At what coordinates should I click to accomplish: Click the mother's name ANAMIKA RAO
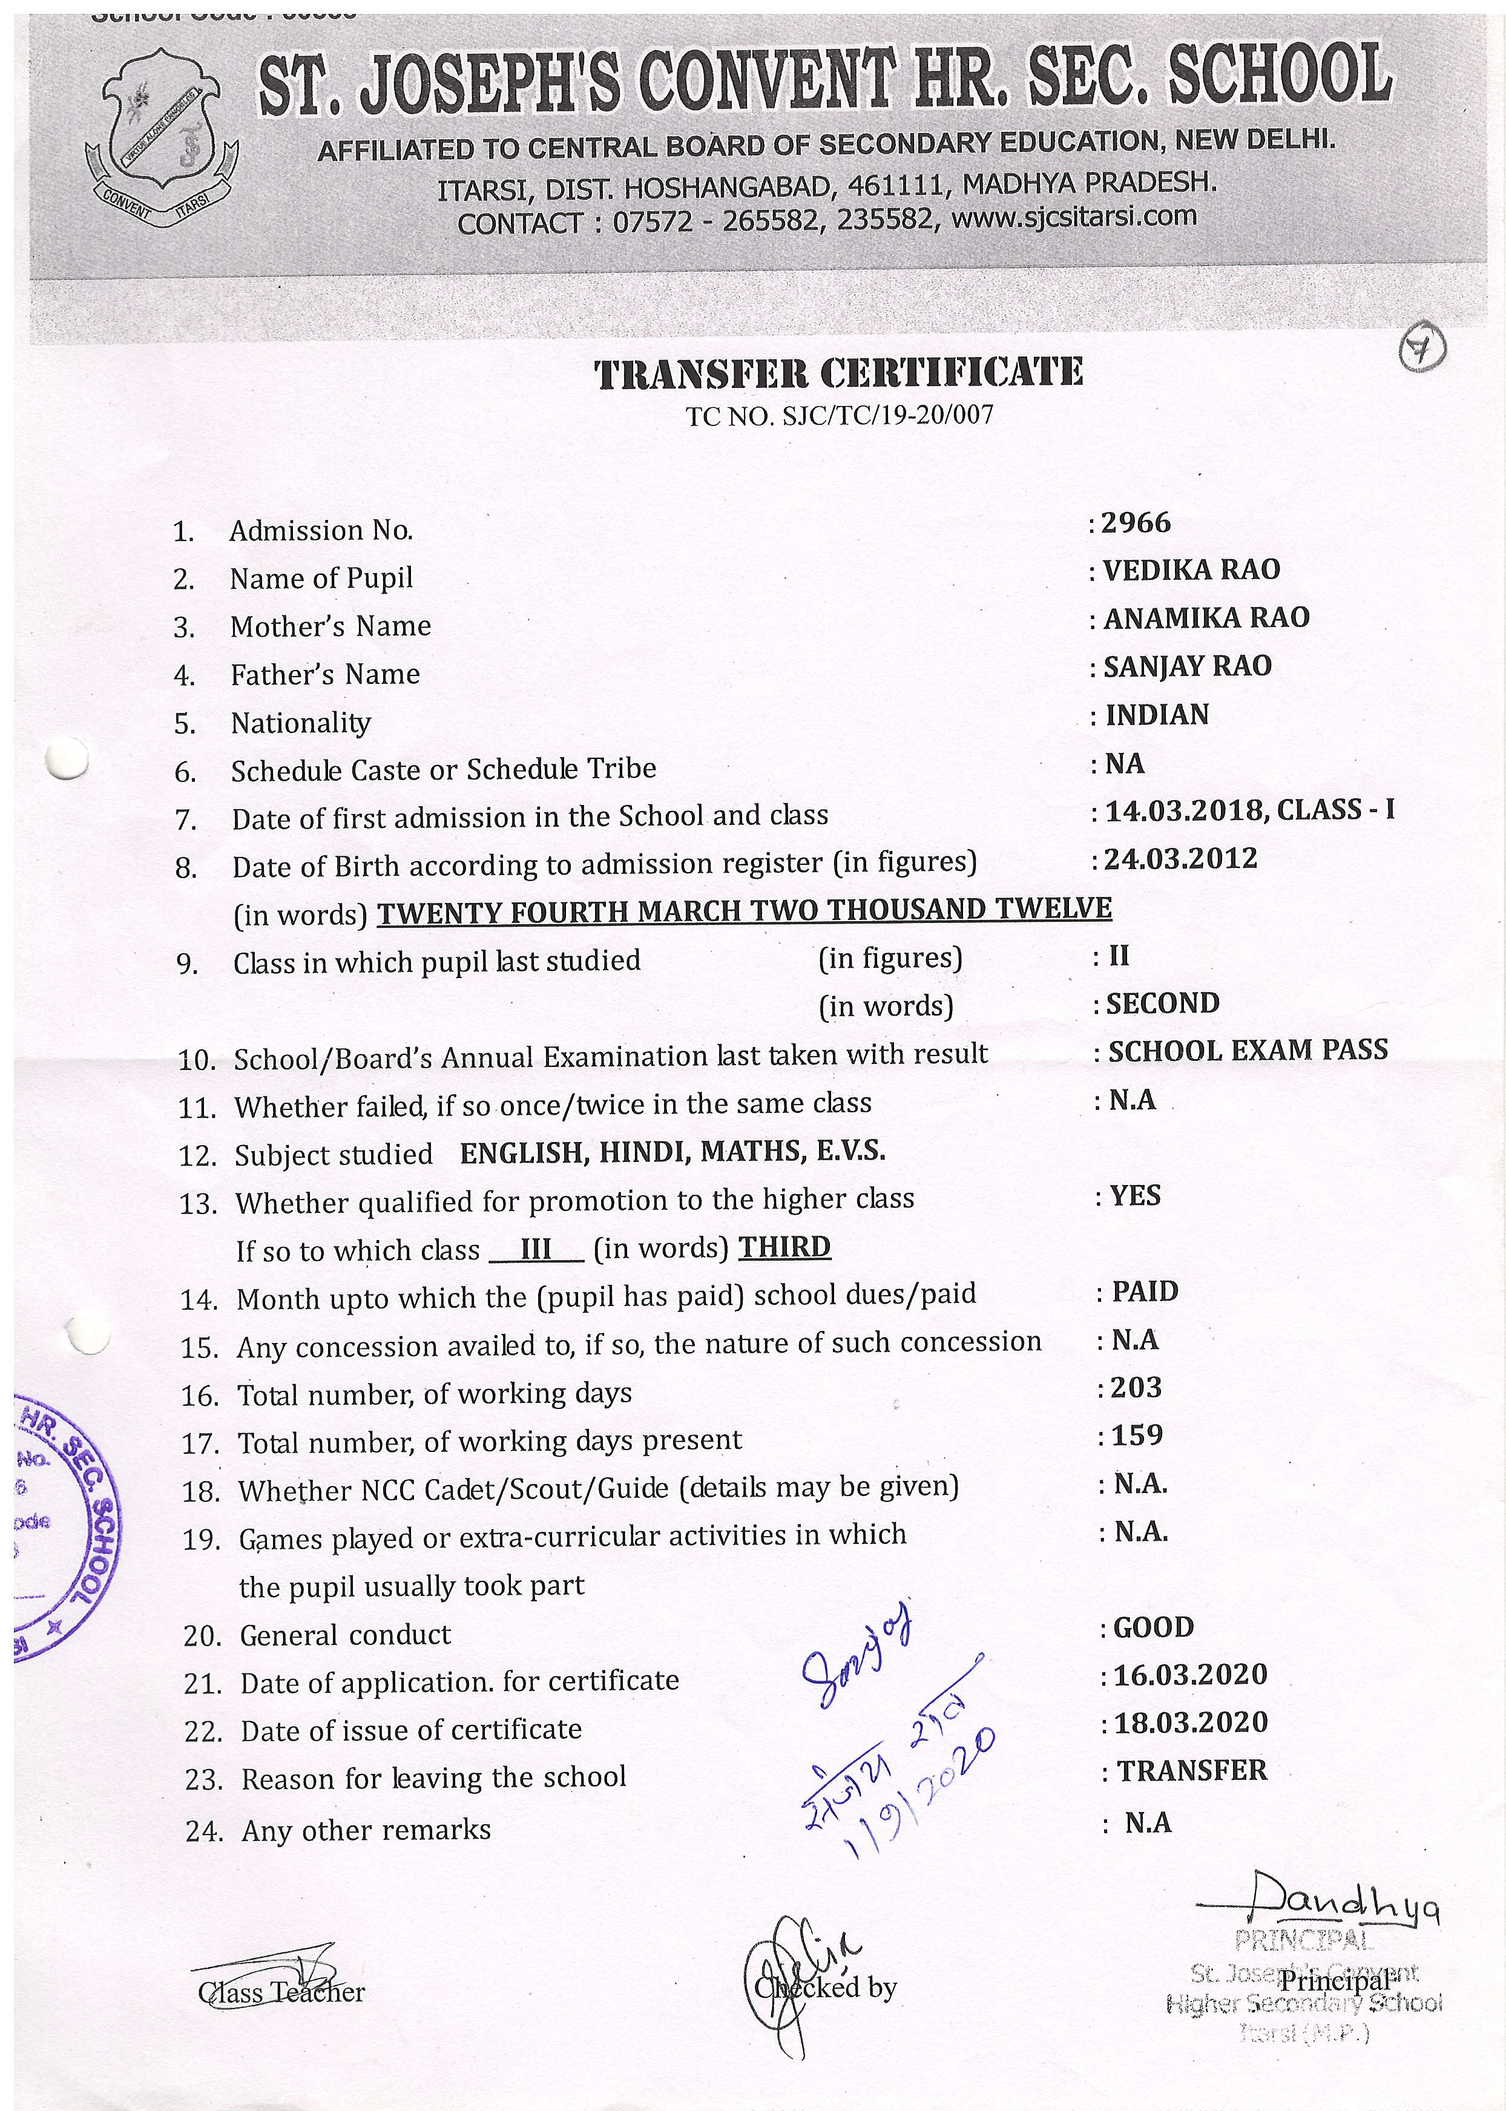click(x=1206, y=619)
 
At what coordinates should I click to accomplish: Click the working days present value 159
click(x=1136, y=1436)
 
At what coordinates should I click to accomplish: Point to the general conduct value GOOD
click(x=1153, y=1628)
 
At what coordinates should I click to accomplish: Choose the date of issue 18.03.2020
click(x=1191, y=1722)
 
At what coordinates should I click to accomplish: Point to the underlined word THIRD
click(x=784, y=1248)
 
